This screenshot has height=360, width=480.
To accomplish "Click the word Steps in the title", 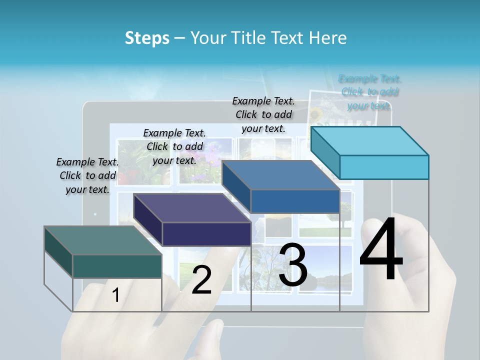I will (147, 38).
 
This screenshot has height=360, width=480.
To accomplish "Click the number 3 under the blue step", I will (293, 264).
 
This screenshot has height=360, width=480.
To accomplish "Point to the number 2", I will (201, 280).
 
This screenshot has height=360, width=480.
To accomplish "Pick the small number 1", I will (116, 295).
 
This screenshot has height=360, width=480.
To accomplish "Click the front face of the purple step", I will (206, 234).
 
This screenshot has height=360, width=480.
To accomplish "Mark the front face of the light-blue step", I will (384, 167).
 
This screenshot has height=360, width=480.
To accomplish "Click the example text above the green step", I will (87, 175).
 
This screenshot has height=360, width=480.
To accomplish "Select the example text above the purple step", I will (174, 146).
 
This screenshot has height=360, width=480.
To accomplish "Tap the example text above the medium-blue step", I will (263, 114).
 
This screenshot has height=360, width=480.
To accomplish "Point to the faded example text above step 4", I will (369, 92).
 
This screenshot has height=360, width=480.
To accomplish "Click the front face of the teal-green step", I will (117, 266).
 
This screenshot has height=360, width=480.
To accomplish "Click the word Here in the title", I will (328, 38).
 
